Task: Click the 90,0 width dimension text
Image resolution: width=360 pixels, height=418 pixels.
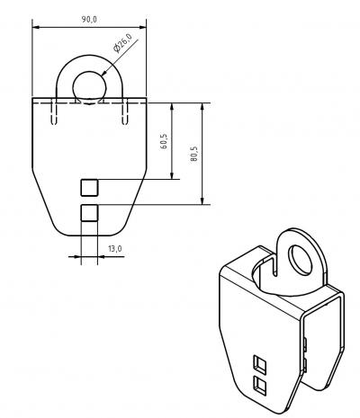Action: coord(89,20)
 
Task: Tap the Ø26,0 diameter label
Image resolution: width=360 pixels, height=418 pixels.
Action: coord(122,43)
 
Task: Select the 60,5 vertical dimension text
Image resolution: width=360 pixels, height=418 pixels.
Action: coord(164,141)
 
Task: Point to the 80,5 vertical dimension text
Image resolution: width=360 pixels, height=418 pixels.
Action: coord(194,154)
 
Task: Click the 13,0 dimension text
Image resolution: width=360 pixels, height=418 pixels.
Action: coord(115,249)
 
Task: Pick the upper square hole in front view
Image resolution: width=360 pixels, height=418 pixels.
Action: coord(89,188)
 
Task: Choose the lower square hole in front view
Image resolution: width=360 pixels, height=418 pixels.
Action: coord(89,213)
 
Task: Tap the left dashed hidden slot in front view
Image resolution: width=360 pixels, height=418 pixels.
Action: coord(54,111)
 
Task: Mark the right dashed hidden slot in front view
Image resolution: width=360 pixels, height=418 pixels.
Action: coord(125,111)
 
